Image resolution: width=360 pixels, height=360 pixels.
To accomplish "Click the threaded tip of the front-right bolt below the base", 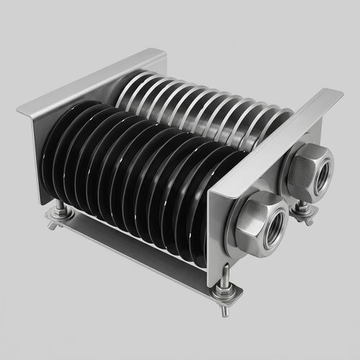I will pos(225,311).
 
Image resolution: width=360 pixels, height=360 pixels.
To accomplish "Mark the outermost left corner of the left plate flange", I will pos(18,110).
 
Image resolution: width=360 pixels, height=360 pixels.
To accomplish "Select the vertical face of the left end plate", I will pos(36,151).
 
